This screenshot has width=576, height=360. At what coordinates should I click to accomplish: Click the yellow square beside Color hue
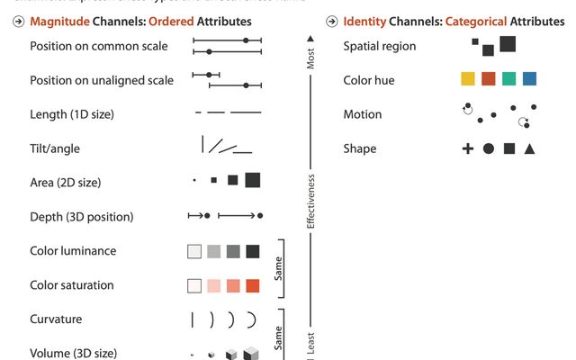tap(468, 79)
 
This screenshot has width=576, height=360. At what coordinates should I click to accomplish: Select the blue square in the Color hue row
tap(529, 79)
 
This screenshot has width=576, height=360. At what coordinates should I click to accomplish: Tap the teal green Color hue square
tap(509, 79)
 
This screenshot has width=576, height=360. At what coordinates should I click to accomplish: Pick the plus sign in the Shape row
tap(468, 148)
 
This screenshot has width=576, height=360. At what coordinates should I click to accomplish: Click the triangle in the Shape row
tap(530, 148)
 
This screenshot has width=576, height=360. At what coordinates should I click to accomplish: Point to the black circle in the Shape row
tap(489, 148)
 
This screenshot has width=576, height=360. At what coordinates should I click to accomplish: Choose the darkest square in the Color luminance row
tap(253, 251)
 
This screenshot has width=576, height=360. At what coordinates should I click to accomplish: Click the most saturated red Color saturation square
tap(253, 285)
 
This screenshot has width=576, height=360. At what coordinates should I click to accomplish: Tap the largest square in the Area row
tap(253, 180)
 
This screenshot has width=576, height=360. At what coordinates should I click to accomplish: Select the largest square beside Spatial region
tap(508, 43)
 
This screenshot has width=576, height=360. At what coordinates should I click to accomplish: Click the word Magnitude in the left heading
tap(58, 21)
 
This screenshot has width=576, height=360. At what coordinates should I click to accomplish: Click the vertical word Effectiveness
tap(310, 201)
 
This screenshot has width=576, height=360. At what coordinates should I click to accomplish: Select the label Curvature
tap(56, 319)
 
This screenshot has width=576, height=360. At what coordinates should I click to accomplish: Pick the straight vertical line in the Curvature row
tap(192, 319)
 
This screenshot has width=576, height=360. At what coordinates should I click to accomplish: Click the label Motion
tap(363, 114)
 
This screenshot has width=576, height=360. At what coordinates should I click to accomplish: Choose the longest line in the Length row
tap(246, 113)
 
